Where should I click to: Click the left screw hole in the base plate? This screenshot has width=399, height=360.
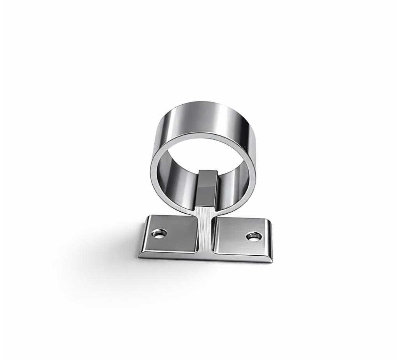pos(159,234)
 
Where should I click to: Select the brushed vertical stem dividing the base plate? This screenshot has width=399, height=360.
pos(206,230)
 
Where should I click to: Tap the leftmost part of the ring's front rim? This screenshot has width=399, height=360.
pos(152,171)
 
